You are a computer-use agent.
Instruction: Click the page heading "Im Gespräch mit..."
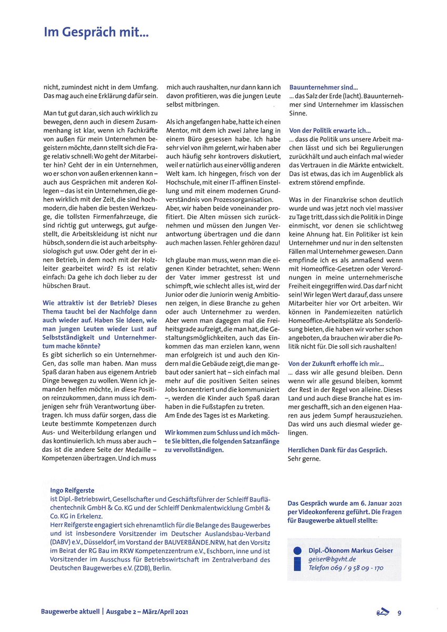coord(97,34)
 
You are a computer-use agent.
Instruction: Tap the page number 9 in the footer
coord(400,613)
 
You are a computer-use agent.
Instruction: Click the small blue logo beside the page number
coord(383,612)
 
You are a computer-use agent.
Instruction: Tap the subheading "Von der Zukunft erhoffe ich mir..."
coord(336,363)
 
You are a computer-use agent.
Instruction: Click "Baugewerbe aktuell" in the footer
coord(71,612)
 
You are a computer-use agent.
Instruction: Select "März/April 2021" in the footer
coord(163,612)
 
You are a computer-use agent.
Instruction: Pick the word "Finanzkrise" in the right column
coord(340,200)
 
